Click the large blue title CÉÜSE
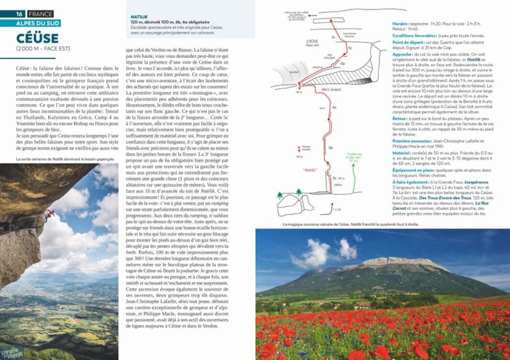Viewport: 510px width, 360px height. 37,38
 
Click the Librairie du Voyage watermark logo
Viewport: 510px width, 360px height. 12,351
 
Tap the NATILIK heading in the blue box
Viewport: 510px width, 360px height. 139,17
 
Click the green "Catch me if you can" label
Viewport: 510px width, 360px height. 354,156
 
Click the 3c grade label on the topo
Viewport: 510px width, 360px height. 333,37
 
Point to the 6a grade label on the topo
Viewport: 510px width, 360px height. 334,108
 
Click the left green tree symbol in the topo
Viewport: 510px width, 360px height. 280,194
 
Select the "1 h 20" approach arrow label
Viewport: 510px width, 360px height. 338,210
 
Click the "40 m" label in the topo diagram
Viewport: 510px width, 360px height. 299,92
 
